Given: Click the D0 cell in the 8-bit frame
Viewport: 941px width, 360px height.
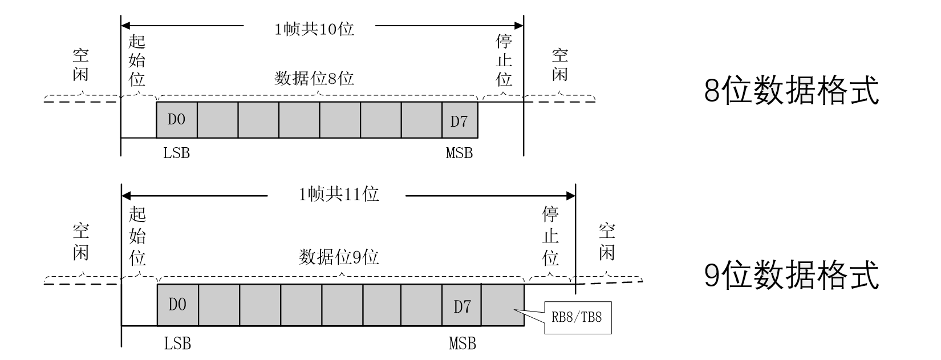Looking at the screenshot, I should pyautogui.click(x=177, y=120).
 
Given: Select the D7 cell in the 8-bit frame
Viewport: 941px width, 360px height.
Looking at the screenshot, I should pyautogui.click(x=460, y=120).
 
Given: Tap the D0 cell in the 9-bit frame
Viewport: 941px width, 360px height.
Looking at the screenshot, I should pyautogui.click(x=178, y=305).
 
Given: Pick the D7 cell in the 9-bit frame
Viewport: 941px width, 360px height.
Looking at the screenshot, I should pyautogui.click(x=462, y=306).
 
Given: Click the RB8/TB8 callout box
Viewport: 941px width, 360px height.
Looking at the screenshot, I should pyautogui.click(x=577, y=317).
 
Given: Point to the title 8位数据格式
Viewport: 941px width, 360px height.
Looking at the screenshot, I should pyautogui.click(x=792, y=91).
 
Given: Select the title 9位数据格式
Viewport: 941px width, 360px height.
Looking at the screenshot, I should pyautogui.click(x=792, y=275).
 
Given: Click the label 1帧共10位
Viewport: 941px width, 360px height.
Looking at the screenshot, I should pyautogui.click(x=314, y=29).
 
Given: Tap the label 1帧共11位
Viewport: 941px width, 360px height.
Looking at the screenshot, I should pyautogui.click(x=339, y=195).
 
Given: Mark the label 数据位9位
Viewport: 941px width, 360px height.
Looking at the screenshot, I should pyautogui.click(x=339, y=257).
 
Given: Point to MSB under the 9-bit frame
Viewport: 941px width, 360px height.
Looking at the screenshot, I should pyautogui.click(x=463, y=343).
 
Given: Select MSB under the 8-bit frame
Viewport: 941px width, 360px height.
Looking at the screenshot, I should pyautogui.click(x=460, y=153).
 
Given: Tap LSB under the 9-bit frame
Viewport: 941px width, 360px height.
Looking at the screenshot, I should pyautogui.click(x=178, y=343).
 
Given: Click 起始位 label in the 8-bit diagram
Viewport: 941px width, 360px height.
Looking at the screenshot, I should pyautogui.click(x=137, y=60).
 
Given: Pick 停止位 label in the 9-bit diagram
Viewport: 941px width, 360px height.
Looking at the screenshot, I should pyautogui.click(x=550, y=236).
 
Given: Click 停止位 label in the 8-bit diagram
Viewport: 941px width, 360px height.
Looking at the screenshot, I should pyautogui.click(x=504, y=60).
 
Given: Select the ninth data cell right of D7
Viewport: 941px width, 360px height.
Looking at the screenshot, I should pyautogui.click(x=502, y=305).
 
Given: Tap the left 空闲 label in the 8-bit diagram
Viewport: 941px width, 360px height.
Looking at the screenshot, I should pyautogui.click(x=80, y=64).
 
